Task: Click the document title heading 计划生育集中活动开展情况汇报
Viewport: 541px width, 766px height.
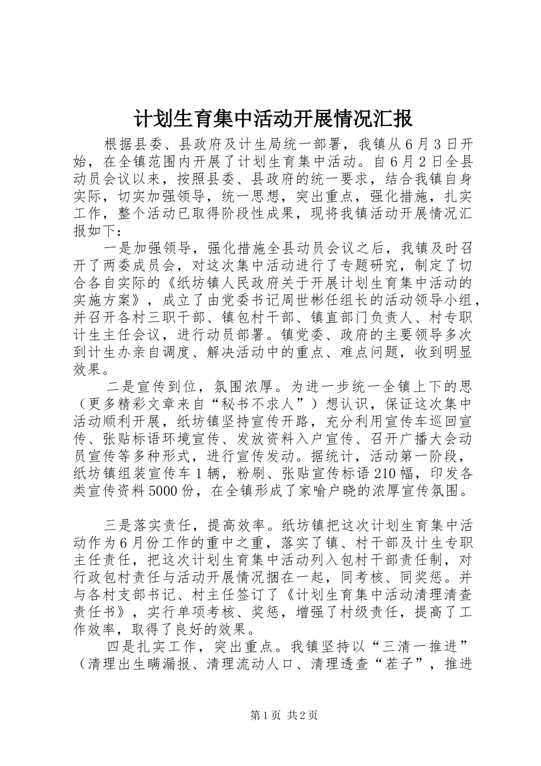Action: tap(273, 119)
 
